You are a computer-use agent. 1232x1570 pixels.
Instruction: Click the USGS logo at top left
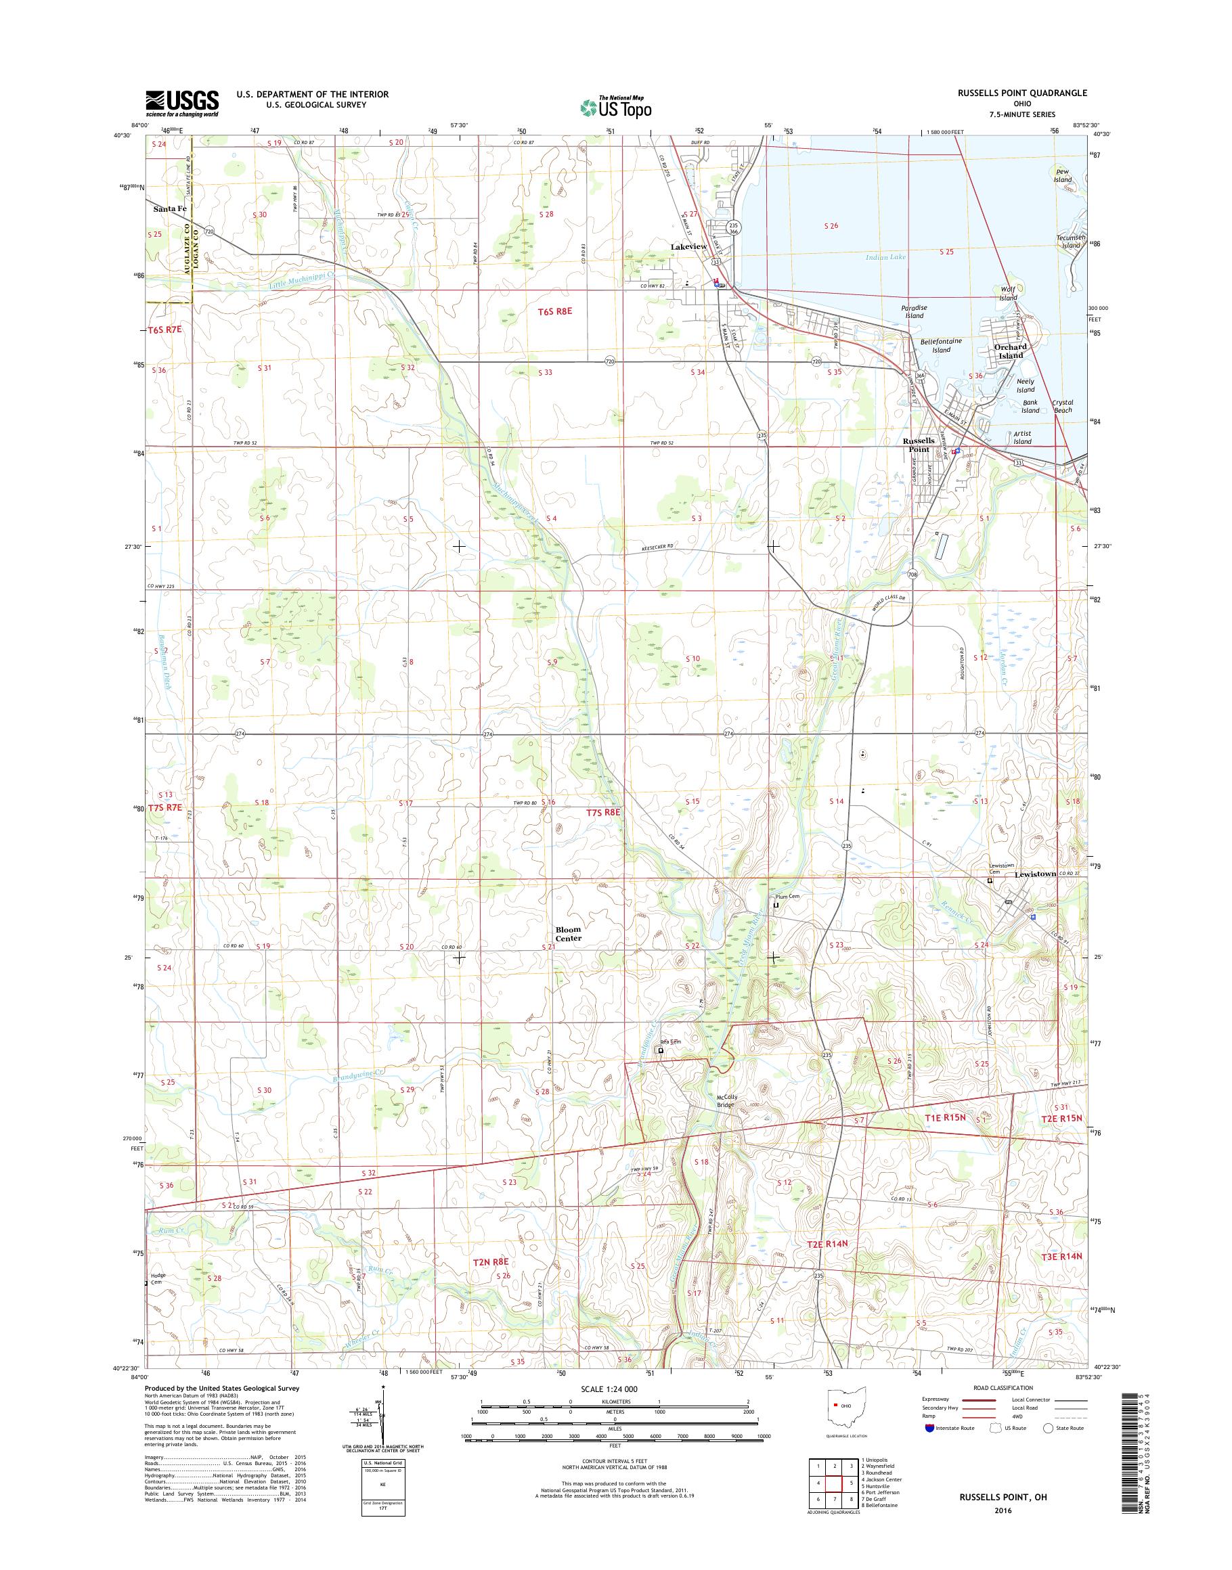[x=182, y=102]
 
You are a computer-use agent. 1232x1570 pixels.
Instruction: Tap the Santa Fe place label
[x=169, y=209]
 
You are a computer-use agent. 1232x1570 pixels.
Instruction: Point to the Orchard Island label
[x=1010, y=351]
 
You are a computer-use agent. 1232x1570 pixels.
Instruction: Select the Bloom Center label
[x=568, y=934]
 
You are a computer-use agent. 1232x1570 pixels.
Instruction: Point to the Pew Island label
[x=1063, y=176]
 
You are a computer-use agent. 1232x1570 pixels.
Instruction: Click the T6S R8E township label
[x=554, y=311]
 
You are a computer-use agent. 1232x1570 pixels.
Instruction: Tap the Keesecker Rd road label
[x=657, y=549]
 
